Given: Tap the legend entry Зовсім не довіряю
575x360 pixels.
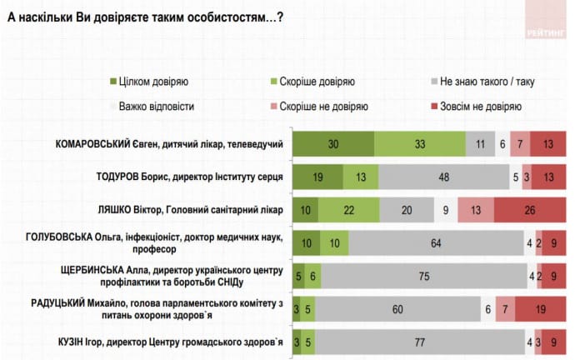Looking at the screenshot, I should coord(486,107).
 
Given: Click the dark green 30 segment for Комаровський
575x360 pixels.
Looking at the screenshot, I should coord(332,144).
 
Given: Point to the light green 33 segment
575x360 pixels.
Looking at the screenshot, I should coord(419,144).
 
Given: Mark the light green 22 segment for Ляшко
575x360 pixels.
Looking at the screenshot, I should coord(350,210).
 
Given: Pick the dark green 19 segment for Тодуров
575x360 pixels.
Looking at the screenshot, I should coord(317,177).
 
